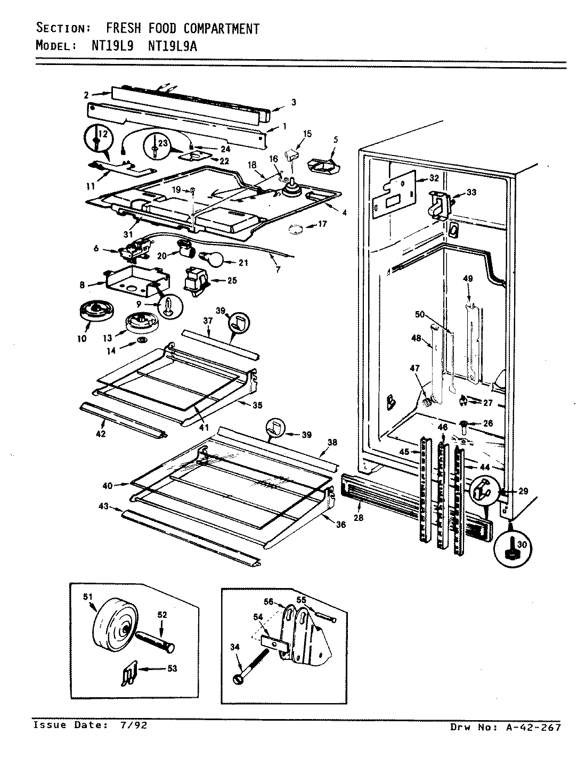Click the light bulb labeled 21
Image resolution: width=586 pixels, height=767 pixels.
[x=212, y=259]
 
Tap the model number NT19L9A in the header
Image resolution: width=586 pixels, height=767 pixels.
[x=172, y=46]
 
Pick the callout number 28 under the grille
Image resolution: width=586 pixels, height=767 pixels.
[x=359, y=517]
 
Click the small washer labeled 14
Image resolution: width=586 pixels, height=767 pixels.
[x=142, y=340]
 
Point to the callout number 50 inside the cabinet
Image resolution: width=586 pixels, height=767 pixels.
[x=420, y=315]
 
